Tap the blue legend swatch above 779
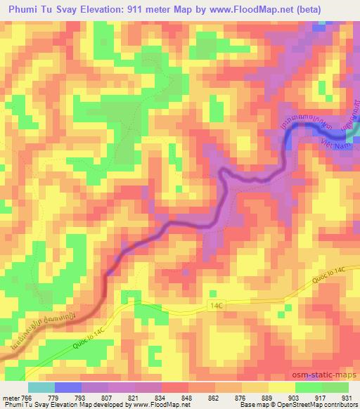68,387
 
